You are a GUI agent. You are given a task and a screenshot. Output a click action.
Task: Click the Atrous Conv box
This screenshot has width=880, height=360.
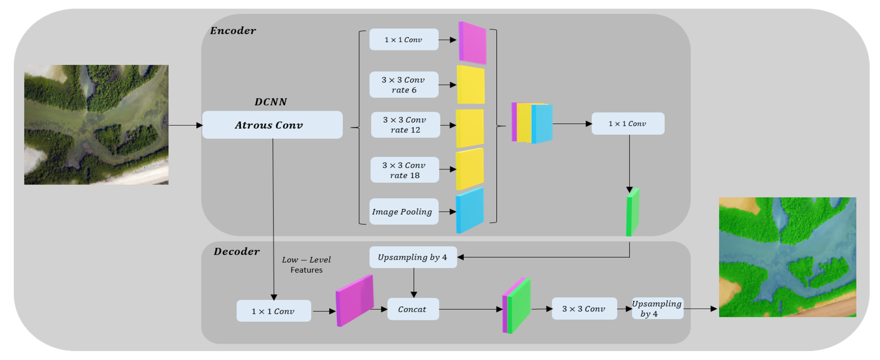click(x=272, y=125)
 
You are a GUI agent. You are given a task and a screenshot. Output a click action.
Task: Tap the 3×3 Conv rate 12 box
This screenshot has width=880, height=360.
click(x=405, y=125)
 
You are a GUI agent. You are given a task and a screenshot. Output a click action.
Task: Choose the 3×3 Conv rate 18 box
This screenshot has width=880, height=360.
click(x=404, y=170)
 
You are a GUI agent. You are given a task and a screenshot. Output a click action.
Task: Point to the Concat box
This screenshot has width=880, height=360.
click(x=413, y=309)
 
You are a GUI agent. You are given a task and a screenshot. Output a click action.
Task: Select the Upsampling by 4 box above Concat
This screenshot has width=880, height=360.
click(x=413, y=257)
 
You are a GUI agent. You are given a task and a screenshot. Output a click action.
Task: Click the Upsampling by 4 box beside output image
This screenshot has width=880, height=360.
click(x=657, y=308)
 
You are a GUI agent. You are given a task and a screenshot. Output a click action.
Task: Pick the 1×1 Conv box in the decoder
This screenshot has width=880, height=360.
click(x=273, y=311)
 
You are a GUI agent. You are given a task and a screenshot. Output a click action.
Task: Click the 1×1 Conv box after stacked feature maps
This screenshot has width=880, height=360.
click(x=627, y=124)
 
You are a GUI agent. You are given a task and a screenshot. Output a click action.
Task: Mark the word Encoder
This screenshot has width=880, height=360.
click(x=233, y=31)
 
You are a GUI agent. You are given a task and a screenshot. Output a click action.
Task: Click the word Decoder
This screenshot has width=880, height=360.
click(x=236, y=252)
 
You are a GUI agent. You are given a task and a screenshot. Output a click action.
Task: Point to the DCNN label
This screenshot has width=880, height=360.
click(x=271, y=102)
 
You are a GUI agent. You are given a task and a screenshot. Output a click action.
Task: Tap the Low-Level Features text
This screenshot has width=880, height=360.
click(x=306, y=265)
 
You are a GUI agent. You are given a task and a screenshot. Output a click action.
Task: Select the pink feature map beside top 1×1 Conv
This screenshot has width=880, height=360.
click(x=472, y=43)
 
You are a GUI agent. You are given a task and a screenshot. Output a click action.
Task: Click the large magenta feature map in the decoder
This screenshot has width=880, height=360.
click(x=355, y=301)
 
